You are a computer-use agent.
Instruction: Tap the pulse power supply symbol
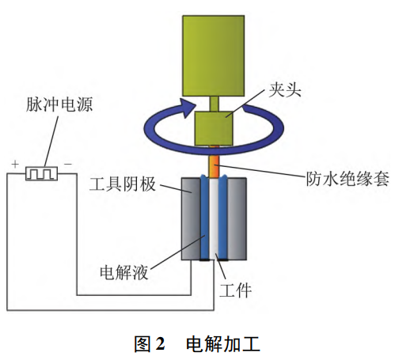click(x=39, y=172)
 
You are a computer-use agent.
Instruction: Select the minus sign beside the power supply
click(x=68, y=164)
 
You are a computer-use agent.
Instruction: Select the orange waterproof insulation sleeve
click(x=215, y=165)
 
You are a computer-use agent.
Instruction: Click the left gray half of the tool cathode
click(x=191, y=222)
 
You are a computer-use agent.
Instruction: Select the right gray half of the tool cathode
click(x=238, y=222)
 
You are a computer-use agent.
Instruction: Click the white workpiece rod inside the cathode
click(x=215, y=225)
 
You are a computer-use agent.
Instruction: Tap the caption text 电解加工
click(x=222, y=344)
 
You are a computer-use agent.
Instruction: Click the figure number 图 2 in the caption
click(x=150, y=344)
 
